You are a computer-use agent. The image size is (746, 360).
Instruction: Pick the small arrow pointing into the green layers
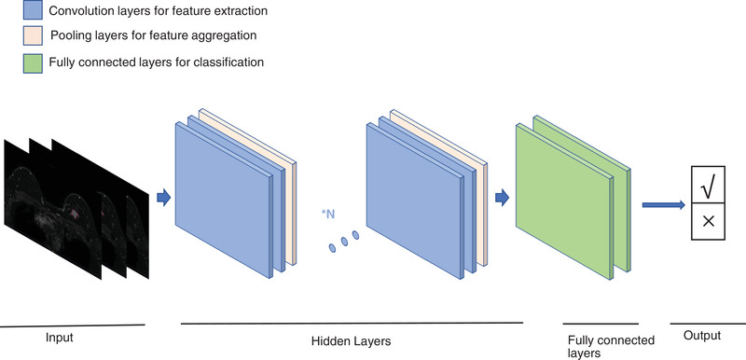tap(503, 197)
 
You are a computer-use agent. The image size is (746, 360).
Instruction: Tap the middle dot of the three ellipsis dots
tap(343, 243)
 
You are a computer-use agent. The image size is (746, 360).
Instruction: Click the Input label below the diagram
tap(59, 338)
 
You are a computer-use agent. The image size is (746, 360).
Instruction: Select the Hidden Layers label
tap(350, 341)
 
